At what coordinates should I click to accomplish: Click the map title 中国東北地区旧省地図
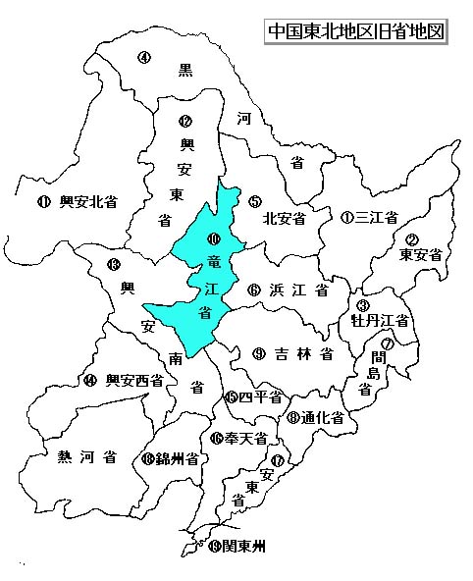coord(356,30)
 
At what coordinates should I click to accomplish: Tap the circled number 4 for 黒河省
coord(143,57)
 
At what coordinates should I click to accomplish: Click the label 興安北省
coord(88,202)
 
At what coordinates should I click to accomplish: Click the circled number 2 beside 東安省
coord(412,239)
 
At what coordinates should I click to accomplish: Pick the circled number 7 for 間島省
coord(389,343)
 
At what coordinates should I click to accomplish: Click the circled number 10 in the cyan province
coord(213,238)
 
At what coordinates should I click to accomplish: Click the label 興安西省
coord(134,380)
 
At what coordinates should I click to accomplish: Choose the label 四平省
coord(261,397)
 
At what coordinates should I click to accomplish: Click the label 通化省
coord(322,417)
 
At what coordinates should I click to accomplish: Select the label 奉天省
coord(246,439)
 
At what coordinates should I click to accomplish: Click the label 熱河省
coord(87,456)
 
